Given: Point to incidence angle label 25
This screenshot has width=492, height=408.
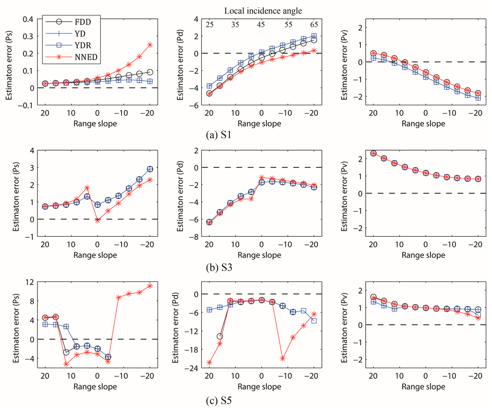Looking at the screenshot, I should tap(209, 25).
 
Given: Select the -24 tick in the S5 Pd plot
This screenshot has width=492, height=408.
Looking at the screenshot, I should tap(193, 369).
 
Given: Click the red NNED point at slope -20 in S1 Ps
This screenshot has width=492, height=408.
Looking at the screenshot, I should tap(150, 45).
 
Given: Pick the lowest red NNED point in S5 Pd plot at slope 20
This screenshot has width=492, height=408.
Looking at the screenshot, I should tap(209, 362).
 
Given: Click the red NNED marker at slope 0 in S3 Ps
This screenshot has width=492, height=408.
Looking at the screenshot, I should tap(98, 220).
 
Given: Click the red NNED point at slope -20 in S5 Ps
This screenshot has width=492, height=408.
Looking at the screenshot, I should tap(150, 286).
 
